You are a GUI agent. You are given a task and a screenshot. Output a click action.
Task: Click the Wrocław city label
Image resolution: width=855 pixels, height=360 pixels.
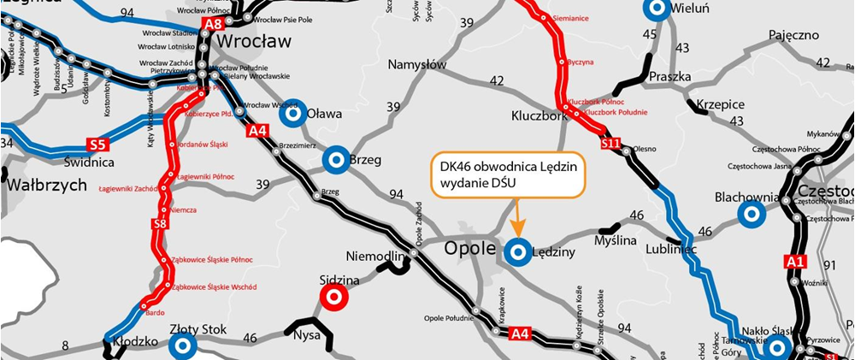(x=254, y=41)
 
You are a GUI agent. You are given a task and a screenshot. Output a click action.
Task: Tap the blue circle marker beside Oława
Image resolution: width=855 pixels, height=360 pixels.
(x=293, y=112)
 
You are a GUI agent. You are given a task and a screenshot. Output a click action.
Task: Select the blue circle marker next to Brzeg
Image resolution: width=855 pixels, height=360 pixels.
(x=336, y=158)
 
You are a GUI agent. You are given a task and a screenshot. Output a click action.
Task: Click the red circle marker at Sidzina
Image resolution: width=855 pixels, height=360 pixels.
(x=333, y=298)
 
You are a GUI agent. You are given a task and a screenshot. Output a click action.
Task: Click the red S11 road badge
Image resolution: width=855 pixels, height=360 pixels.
(x=610, y=145)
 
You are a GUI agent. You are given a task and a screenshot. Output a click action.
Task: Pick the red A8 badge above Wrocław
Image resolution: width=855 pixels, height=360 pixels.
(x=212, y=24)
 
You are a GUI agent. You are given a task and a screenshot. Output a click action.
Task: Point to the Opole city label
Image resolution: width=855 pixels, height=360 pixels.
(x=470, y=248)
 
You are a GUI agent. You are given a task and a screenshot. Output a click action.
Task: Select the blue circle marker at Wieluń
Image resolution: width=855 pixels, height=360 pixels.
(x=657, y=9)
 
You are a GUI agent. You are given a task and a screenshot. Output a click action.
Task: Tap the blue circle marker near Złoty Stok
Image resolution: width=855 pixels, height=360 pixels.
(x=182, y=345)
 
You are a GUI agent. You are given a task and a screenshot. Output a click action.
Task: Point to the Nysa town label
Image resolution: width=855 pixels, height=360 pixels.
(x=305, y=335)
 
